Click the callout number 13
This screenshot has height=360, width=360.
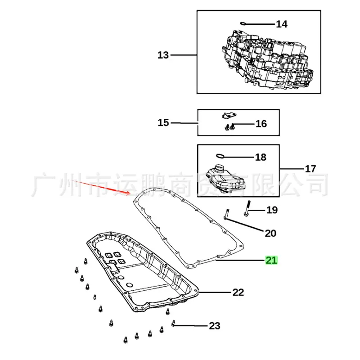coord(163,55)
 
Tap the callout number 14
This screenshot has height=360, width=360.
coord(282,24)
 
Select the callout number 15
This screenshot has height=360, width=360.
coord(163,122)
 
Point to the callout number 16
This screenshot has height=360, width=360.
coord(261,124)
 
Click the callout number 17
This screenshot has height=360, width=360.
coord(310,169)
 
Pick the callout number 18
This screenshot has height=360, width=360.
coord(261,157)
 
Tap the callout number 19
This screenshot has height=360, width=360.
coord(272,210)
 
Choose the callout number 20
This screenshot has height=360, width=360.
coord(270,233)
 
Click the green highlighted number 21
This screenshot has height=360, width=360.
coord(271,260)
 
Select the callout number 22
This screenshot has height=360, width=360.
coord(238,292)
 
